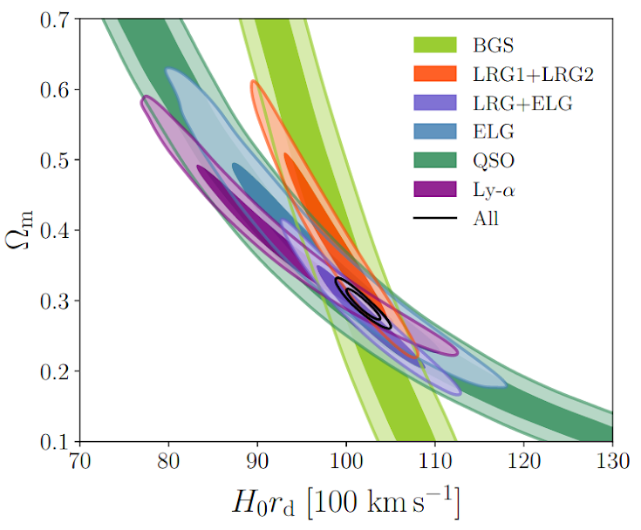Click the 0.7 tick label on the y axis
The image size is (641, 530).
pyautogui.click(x=56, y=19)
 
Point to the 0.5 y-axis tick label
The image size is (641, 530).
pyautogui.click(x=56, y=160)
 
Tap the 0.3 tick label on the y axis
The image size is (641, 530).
pyautogui.click(x=56, y=302)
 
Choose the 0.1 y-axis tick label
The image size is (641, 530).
pyautogui.click(x=56, y=442)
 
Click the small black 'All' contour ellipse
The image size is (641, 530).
pyautogui.click(x=364, y=304)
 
